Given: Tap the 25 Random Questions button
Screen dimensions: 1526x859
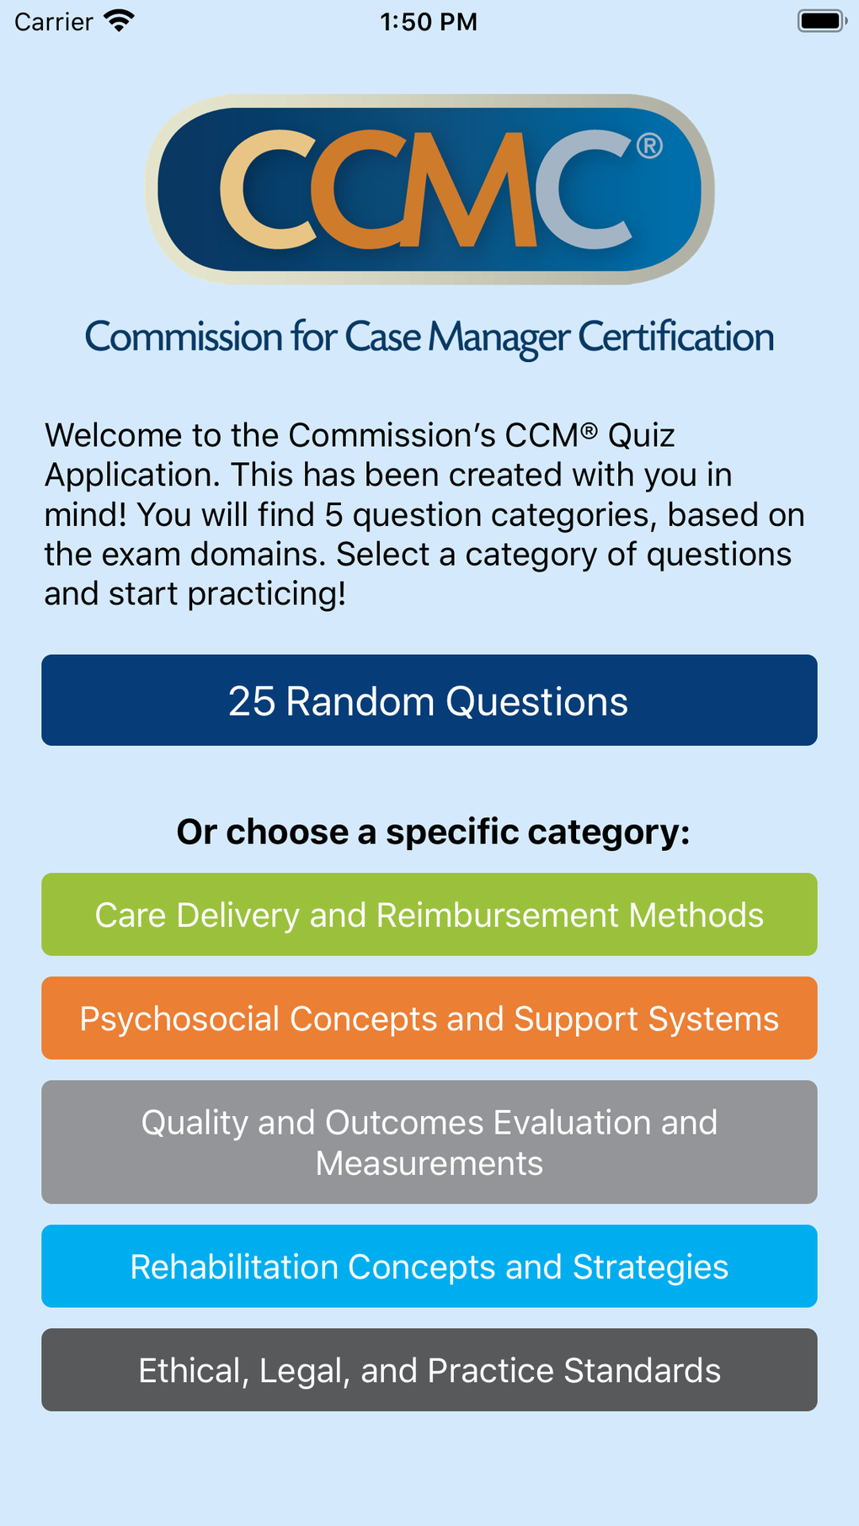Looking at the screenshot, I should tap(429, 700).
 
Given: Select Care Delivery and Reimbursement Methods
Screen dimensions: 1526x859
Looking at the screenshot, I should tap(429, 915).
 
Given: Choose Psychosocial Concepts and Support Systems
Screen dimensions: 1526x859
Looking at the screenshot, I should tap(429, 1018).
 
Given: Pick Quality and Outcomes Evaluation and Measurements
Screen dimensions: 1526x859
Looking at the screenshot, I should tap(429, 1142).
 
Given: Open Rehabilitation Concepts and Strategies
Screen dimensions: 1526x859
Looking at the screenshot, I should tap(429, 1267).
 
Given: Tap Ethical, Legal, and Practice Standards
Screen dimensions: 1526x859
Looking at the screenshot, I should tap(429, 1370).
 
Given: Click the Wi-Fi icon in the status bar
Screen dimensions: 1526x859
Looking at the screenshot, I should tap(120, 21).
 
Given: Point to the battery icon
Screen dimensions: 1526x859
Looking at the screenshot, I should tap(821, 21).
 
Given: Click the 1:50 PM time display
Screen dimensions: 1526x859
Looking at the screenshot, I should tap(429, 22).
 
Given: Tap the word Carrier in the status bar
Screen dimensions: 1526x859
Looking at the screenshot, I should tap(53, 22).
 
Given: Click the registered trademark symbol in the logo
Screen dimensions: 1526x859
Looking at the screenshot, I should tap(649, 146).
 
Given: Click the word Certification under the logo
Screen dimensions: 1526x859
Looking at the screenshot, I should tap(675, 338).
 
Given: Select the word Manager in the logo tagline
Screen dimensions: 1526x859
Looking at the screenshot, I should tap(499, 338).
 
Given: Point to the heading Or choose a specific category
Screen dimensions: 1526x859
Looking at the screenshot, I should tap(433, 832).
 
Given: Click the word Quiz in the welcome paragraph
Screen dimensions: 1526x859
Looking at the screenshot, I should tap(641, 436).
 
